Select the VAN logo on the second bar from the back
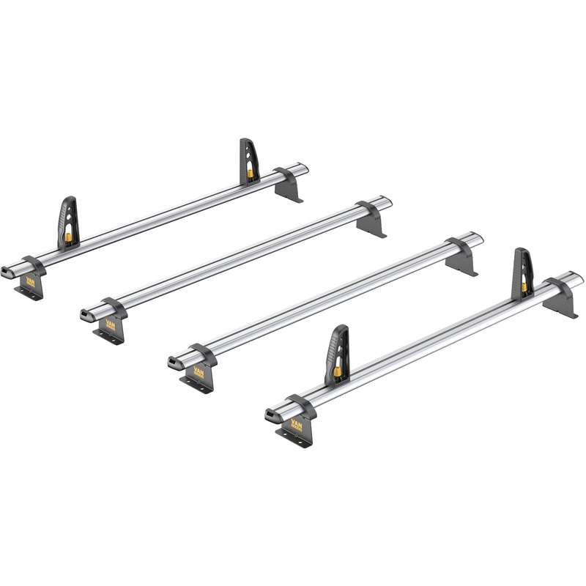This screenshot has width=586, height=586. (111, 323)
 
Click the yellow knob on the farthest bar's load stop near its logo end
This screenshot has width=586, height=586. (68, 237)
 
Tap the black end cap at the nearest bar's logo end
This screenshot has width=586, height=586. (272, 417)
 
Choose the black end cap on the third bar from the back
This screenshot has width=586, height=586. (174, 363)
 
